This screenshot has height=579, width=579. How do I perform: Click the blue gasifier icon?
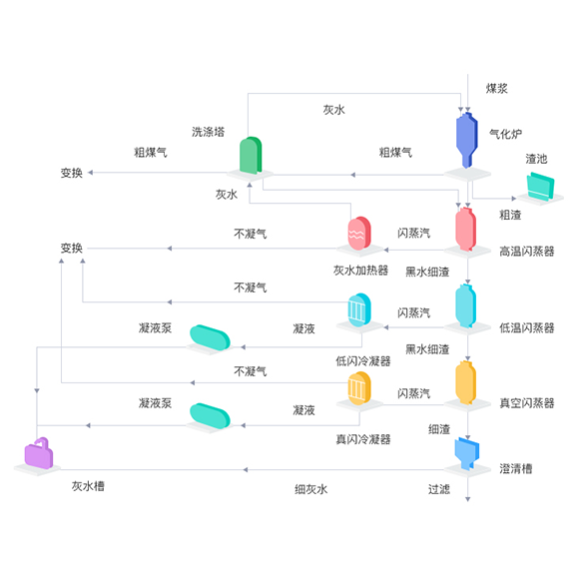pos(467,141)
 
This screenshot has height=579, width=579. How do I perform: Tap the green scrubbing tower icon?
pos(251,155)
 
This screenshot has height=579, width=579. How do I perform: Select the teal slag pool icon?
pos(540,187)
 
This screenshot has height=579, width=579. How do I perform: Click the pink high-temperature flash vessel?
pos(465,230)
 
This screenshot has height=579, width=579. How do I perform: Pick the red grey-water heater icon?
pos(359,234)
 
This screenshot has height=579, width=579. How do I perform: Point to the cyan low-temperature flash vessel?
pos(465,305)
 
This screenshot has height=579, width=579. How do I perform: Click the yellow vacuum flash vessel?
pos(465,382)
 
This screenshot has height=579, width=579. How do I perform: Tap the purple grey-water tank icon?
pos(38,453)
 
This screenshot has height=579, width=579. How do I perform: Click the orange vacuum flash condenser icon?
pos(359,388)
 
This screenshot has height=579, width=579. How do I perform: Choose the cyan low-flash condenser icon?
pos(359,310)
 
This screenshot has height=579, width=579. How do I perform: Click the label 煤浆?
pos(497,89)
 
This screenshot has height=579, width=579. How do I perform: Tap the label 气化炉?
pos(505,134)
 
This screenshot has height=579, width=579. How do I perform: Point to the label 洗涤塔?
pos(209,132)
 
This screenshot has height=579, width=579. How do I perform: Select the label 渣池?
pos(536,159)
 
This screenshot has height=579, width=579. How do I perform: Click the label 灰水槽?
pos(88,486)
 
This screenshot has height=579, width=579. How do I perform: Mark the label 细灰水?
pos(310,489)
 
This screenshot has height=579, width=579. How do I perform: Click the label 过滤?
pos(439,489)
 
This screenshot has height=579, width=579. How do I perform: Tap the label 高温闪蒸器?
pos(527,252)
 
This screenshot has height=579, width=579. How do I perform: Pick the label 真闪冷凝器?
pos(363,439)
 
